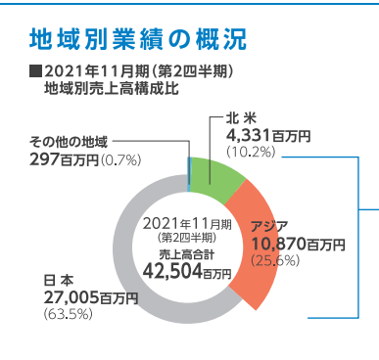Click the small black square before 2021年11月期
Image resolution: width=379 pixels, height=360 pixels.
pos(36,71)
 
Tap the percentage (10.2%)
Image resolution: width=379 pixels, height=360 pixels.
pos(250,152)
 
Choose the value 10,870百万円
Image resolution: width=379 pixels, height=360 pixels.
pos(299,243)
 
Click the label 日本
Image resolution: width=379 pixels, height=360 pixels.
pos(60,282)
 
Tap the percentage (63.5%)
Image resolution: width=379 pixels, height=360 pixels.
pos(67,313)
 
